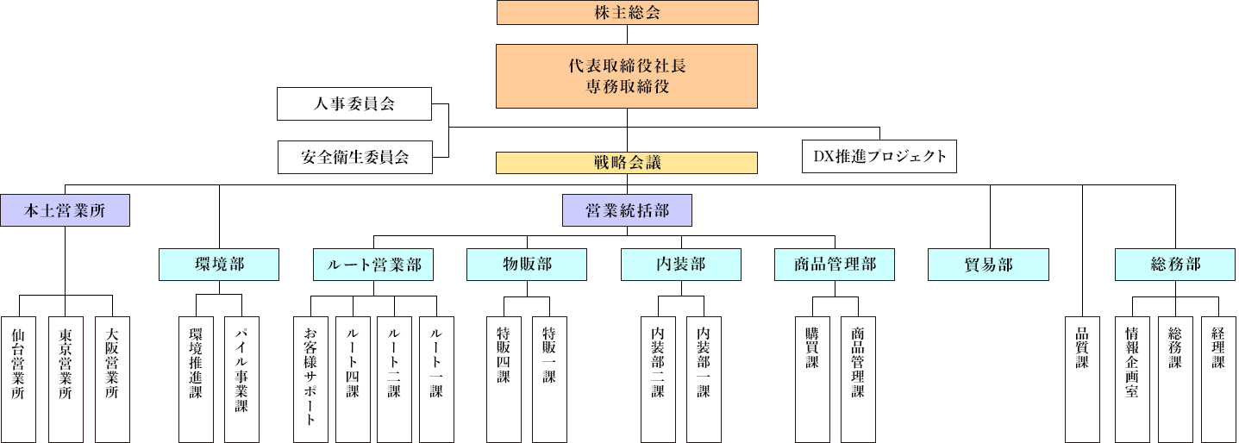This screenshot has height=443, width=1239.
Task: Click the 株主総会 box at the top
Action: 627,12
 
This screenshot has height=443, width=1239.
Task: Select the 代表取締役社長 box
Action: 627,76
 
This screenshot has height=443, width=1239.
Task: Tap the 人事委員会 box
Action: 353,104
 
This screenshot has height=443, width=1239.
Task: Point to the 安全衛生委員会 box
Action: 354,158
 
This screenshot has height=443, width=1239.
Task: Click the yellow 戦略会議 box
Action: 627,162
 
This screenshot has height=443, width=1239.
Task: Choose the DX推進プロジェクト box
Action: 879,156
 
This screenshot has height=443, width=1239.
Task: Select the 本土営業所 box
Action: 65,210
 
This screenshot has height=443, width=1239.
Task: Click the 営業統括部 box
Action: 627,210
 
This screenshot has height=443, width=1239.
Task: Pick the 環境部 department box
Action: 219,264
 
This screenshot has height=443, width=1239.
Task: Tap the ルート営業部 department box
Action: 372,264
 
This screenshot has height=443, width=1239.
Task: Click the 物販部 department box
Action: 527,264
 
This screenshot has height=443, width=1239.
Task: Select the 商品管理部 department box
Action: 835,264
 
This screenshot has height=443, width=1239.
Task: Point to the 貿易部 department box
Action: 988,264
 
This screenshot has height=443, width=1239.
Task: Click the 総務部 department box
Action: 1175,264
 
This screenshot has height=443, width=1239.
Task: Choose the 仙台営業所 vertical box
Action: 18,378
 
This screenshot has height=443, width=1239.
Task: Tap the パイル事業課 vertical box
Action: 241,378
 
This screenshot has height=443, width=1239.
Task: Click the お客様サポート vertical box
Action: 310,378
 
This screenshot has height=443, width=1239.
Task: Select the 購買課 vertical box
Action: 812,378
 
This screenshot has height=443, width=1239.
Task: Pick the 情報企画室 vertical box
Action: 1132,378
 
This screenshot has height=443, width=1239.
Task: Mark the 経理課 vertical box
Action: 1217,378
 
